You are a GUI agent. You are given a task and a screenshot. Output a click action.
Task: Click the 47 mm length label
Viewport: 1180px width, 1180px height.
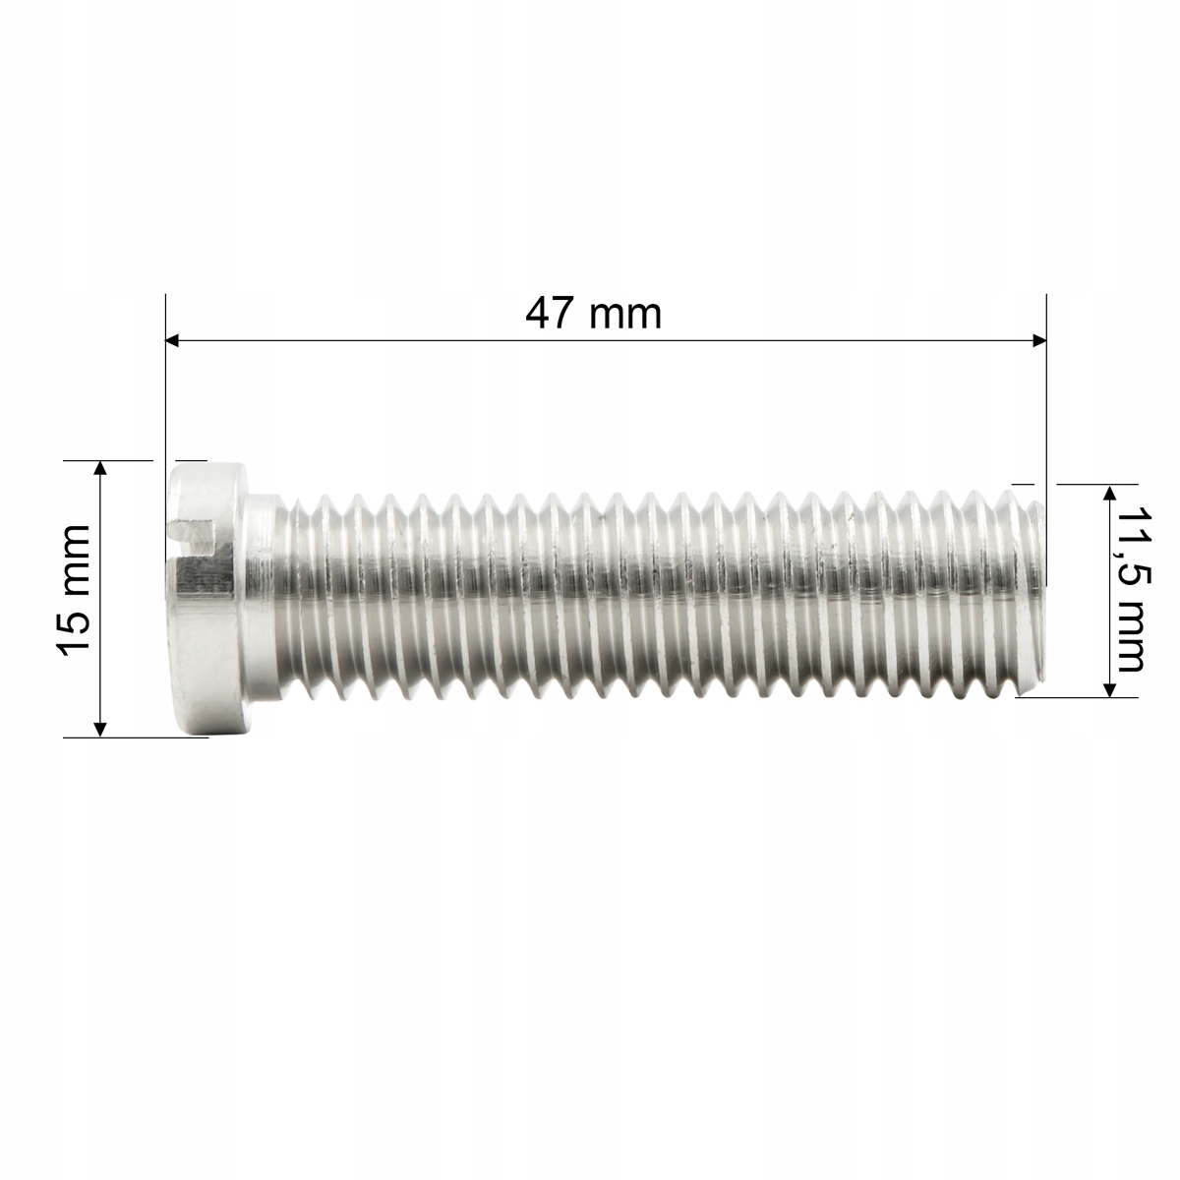tap(593, 314)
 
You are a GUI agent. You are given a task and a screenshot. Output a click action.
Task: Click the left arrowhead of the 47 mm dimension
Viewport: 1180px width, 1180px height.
tap(173, 340)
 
